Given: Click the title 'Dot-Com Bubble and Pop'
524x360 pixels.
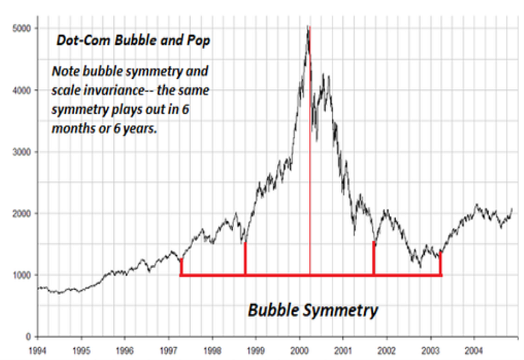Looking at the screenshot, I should [133, 41].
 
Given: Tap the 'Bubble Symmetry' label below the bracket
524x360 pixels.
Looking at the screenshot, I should [313, 309].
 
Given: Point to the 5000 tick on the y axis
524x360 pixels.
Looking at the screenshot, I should [21, 29].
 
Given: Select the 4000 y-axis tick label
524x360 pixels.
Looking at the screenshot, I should [21, 90].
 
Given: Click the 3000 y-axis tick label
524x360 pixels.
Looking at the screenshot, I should [21, 152].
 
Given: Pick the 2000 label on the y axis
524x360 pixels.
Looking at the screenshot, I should [21, 213].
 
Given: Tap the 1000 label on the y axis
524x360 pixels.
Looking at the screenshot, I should [21, 275].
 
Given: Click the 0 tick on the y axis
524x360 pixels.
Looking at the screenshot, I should [29, 336].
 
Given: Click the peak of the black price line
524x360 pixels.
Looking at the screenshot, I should [307, 28].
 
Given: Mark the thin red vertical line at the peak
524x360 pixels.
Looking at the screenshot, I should [310, 175].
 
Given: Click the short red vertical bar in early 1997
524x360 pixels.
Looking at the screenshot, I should [181, 267].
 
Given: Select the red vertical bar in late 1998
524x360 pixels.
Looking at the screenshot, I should [245, 259].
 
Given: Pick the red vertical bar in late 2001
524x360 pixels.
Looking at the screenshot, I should [374, 259].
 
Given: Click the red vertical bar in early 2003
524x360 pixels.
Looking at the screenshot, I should [441, 264].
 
